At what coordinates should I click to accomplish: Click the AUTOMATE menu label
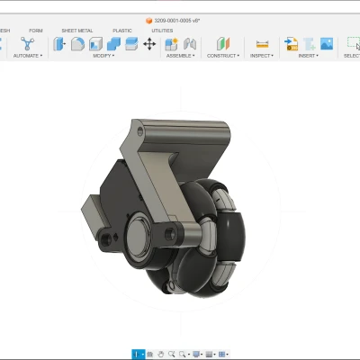pyautogui.click(x=27, y=55)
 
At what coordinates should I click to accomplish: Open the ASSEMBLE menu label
pyautogui.click(x=178, y=55)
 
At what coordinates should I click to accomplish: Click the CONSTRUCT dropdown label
pyautogui.click(x=223, y=55)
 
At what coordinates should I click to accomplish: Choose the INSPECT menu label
pyautogui.click(x=262, y=55)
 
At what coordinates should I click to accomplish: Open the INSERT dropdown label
pyautogui.click(x=308, y=55)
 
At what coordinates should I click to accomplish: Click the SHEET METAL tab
pyautogui.click(x=76, y=31)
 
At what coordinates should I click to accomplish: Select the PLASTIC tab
pyautogui.click(x=122, y=31)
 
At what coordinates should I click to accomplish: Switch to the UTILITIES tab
pyautogui.click(x=162, y=31)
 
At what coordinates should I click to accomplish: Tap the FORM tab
pyautogui.click(x=35, y=31)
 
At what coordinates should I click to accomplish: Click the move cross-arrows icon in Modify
pyautogui.click(x=149, y=43)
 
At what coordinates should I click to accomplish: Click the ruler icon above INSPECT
pyautogui.click(x=262, y=43)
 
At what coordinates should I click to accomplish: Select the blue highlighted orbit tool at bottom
pyautogui.click(x=136, y=354)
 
